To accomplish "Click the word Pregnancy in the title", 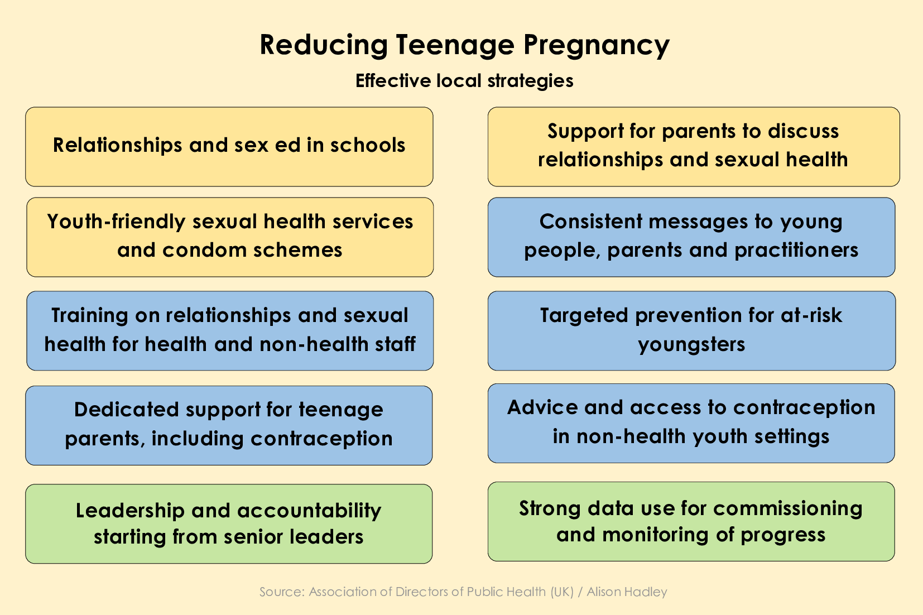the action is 597,45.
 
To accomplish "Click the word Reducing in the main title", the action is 324,45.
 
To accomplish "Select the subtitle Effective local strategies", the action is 464,81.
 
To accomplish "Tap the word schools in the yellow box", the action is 368,145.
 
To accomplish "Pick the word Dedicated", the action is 127,410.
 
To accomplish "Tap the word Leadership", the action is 130,511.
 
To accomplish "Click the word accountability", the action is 310,511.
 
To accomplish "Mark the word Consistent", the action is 590,222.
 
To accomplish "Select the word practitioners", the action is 796,250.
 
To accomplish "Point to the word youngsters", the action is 691,344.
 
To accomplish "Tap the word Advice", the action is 542,407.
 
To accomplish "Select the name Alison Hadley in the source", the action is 627,592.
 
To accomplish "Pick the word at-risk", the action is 811,316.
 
